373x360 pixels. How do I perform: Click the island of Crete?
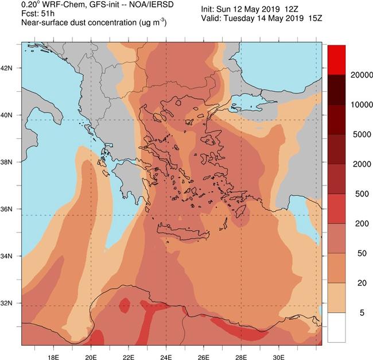click(184, 233)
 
